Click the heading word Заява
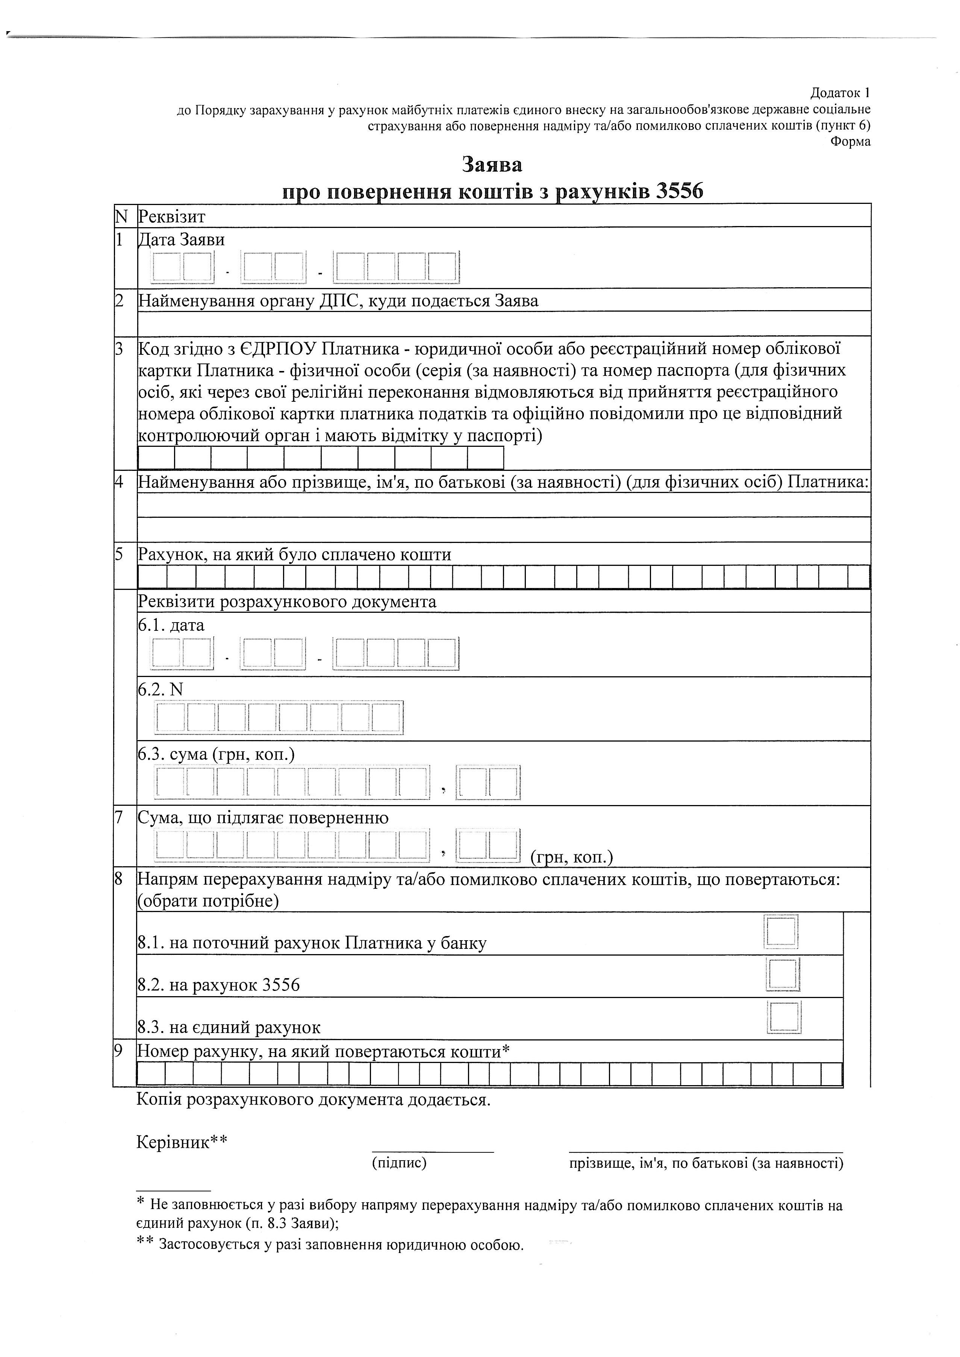pyautogui.click(x=492, y=164)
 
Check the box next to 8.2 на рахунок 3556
pyautogui.click(x=783, y=974)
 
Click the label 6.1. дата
pyautogui.click(x=171, y=625)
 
